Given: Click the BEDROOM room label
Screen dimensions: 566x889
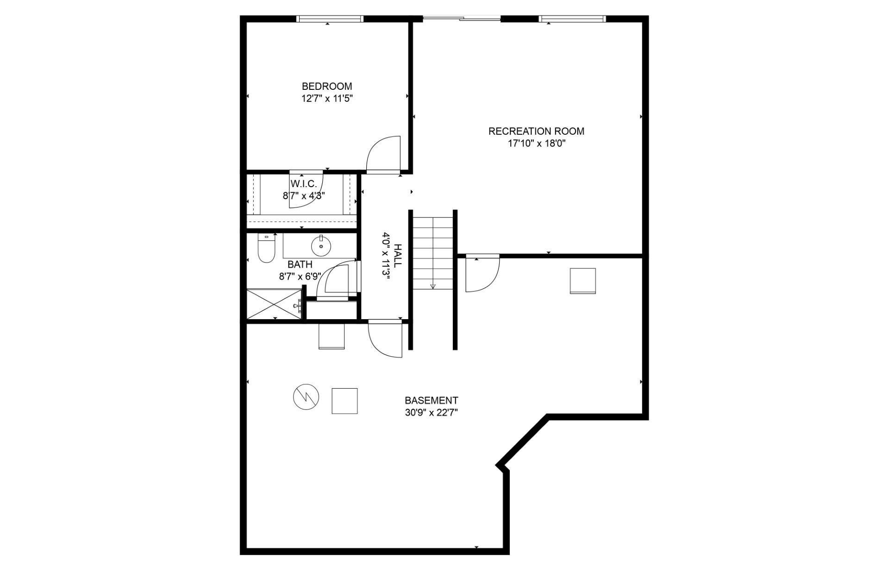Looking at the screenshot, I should click(x=326, y=86).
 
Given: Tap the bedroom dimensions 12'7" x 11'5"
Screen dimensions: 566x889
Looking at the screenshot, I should click(x=326, y=98).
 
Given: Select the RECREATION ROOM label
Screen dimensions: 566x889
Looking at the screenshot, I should click(x=536, y=131).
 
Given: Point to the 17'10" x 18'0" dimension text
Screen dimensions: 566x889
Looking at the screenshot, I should click(x=536, y=143).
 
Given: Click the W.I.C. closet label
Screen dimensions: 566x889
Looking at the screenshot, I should click(x=304, y=184).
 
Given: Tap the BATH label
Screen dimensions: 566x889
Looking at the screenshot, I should click(x=300, y=264).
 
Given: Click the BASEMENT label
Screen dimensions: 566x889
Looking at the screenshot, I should click(x=431, y=400).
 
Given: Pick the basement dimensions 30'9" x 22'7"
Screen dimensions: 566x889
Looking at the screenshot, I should click(x=431, y=412).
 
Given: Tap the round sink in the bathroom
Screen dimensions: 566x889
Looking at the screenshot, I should click(x=320, y=246).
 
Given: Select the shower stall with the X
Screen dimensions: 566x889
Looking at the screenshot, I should click(x=273, y=304).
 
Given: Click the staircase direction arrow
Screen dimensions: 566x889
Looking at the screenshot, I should click(x=433, y=285).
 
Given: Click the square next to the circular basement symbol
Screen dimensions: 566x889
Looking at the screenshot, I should click(x=344, y=401).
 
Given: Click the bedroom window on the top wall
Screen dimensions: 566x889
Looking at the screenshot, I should click(x=329, y=19).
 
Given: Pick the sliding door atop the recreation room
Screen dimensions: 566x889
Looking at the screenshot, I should click(x=462, y=19).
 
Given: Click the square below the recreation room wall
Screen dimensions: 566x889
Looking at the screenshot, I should click(x=582, y=281).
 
